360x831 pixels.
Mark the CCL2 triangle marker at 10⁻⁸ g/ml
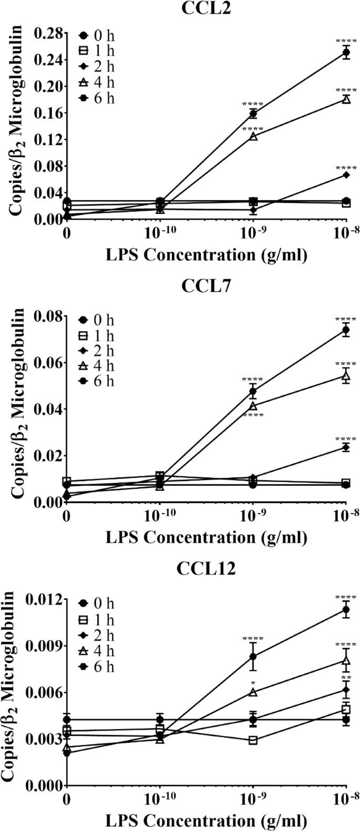click(x=346, y=99)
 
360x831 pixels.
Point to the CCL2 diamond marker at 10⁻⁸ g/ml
click(x=346, y=175)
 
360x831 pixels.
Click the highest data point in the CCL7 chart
click(x=346, y=330)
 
